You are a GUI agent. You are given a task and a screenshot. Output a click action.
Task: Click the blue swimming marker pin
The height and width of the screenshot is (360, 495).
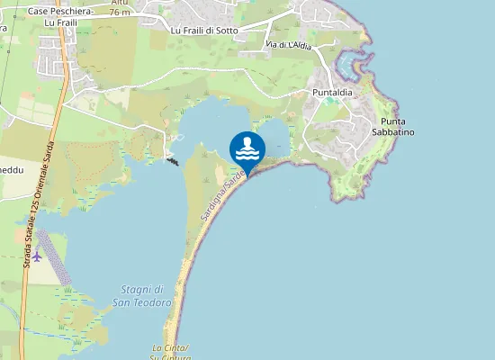click(x=247, y=148)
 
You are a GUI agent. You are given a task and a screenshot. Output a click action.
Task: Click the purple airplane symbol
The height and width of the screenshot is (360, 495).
click(x=37, y=256)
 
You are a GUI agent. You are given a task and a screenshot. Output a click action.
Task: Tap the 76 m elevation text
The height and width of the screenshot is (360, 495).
click(x=119, y=13)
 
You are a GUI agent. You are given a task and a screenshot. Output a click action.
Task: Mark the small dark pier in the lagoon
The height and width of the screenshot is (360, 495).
click(x=172, y=160)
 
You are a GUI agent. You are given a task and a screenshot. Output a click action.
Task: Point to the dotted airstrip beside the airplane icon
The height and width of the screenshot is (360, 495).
click(x=52, y=256)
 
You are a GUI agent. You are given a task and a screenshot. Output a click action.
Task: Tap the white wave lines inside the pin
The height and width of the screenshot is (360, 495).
click(x=247, y=154)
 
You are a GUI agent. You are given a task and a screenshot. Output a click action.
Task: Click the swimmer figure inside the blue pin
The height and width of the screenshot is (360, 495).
click(x=247, y=142)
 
